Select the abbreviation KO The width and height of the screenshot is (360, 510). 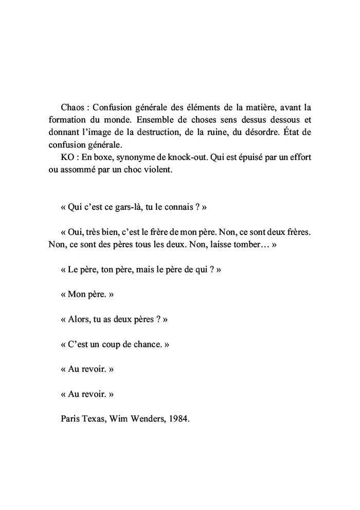[x=67, y=157]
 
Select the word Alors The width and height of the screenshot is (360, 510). [x=79, y=319]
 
